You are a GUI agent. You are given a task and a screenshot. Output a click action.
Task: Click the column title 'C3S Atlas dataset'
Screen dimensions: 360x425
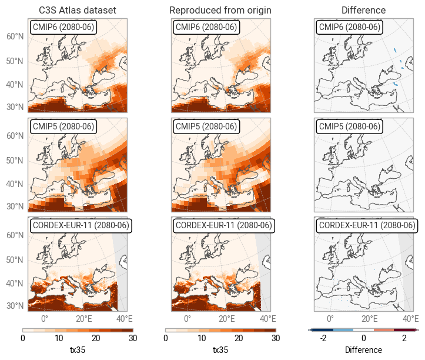pos(77,10)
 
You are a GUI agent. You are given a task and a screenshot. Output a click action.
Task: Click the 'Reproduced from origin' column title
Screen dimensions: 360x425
pos(220,10)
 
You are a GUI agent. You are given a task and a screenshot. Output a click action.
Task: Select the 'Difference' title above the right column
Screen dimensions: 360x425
pos(363,10)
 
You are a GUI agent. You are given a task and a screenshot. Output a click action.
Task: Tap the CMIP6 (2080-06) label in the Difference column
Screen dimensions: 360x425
pos(349,27)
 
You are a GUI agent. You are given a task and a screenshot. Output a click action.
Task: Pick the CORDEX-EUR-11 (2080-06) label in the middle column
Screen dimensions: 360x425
pos(223,225)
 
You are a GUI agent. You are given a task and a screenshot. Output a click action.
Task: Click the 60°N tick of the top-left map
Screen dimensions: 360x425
pos(15,36)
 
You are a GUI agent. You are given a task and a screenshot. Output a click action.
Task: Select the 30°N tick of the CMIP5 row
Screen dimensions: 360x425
pos(15,206)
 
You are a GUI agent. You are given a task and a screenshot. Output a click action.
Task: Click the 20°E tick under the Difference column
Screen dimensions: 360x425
pos(369,319)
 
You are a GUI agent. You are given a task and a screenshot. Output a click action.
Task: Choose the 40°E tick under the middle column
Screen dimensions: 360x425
pos(267,319)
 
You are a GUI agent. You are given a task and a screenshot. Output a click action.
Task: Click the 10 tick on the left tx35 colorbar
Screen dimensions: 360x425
pos(59,338)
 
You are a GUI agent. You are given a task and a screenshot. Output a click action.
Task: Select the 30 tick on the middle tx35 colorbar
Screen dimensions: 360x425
pos(275,338)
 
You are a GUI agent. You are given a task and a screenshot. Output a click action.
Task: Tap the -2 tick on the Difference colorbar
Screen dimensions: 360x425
pos(323,338)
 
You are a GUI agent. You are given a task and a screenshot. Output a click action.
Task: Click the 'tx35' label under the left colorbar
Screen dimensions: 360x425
pos(77,350)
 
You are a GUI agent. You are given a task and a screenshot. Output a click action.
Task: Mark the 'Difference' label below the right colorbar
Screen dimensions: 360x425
pos(363,350)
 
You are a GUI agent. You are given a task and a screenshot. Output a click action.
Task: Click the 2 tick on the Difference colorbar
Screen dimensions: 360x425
pos(404,338)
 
